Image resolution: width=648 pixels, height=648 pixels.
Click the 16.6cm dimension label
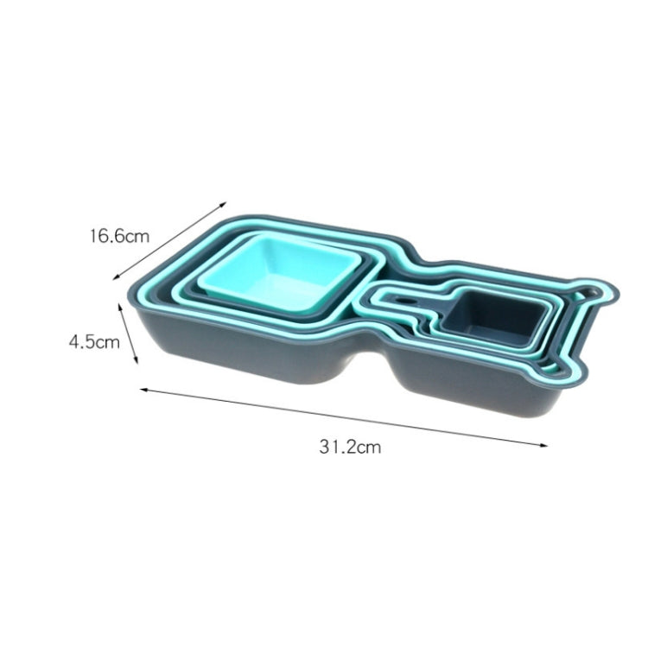coord(119,237)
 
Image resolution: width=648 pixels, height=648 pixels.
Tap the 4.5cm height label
coord(94,342)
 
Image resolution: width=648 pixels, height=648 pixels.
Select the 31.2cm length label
coord(350,448)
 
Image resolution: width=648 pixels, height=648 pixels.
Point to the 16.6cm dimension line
coord(170,241)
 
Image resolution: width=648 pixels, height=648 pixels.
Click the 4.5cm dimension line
coord(128,334)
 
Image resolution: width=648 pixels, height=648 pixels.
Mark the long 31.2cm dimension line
coord(344,417)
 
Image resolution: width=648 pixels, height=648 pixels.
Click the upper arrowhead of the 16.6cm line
coord(224,204)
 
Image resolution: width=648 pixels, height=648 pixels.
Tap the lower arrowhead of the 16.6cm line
coord(116,277)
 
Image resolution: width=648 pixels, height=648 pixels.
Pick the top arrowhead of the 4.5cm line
coord(120,307)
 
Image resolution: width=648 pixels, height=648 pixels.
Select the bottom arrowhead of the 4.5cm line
coord(136,361)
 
